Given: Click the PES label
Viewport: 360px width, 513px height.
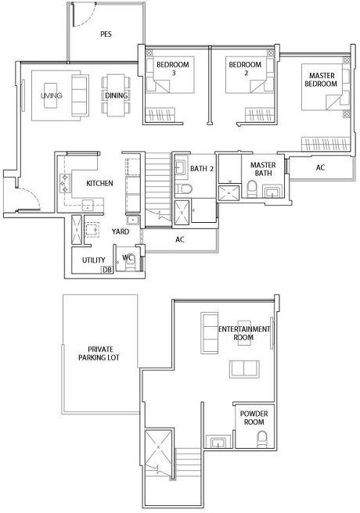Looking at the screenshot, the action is pyautogui.click(x=106, y=34).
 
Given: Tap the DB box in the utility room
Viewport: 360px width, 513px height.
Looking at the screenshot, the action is pyautogui.click(x=107, y=270).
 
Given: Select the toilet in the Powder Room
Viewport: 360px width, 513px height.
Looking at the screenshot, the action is pyautogui.click(x=262, y=439).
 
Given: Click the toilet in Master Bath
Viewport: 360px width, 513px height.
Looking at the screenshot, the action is pyautogui.click(x=252, y=189).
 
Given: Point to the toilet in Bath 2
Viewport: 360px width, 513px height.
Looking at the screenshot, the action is pyautogui.click(x=184, y=188).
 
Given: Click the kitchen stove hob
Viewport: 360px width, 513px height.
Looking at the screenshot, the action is pyautogui.click(x=64, y=184).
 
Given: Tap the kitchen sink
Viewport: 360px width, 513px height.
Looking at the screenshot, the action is pyautogui.click(x=88, y=205).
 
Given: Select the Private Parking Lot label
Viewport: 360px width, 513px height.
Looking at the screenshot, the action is pyautogui.click(x=99, y=353).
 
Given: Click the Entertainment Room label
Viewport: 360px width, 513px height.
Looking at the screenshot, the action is pyautogui.click(x=244, y=333).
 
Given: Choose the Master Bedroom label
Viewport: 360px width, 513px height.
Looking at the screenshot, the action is pyautogui.click(x=321, y=80).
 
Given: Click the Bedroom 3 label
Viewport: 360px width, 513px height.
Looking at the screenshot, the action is pyautogui.click(x=173, y=68).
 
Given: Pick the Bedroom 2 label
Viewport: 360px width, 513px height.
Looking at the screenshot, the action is pyautogui.click(x=245, y=68).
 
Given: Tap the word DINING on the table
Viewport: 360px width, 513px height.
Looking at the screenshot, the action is pyautogui.click(x=116, y=95).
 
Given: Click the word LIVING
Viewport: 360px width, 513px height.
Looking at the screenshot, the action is pyautogui.click(x=52, y=95).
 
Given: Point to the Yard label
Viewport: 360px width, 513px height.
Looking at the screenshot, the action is pyautogui.click(x=120, y=231).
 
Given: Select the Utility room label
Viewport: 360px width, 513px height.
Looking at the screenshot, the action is pyautogui.click(x=94, y=260).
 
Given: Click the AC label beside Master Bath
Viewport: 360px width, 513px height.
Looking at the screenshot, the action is pyautogui.click(x=320, y=167).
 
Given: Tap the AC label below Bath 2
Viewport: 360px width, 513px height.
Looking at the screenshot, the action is pyautogui.click(x=180, y=239).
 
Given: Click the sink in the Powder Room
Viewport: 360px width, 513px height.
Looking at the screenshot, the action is pyautogui.click(x=218, y=442).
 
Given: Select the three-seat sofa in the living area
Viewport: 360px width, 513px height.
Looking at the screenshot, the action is pyautogui.click(x=80, y=95).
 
